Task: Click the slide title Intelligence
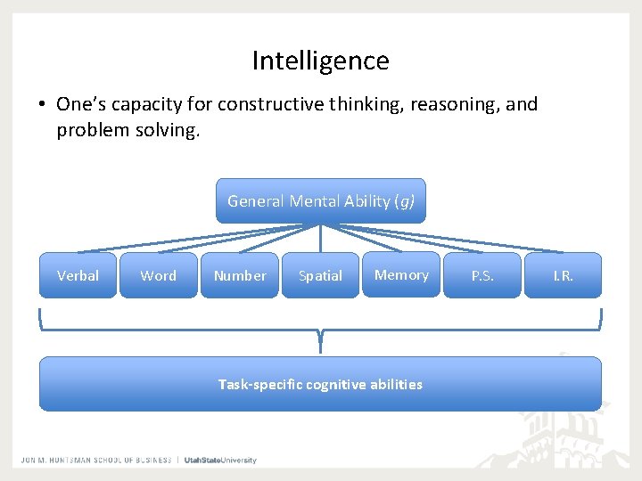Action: coord(320,61)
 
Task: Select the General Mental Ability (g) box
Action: coord(320,201)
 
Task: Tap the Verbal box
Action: coord(78,275)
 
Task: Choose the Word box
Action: coord(158,275)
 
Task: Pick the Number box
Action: coord(239,275)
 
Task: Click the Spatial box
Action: coord(320,275)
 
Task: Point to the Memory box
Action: coord(401,274)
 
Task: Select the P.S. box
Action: coord(482,275)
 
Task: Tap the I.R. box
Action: coord(563,275)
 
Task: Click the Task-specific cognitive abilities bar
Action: coord(320,384)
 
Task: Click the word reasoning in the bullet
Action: coord(454,104)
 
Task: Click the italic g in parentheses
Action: coord(406,201)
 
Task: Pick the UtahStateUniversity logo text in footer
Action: coord(220,461)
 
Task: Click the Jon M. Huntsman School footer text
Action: coord(96,461)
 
